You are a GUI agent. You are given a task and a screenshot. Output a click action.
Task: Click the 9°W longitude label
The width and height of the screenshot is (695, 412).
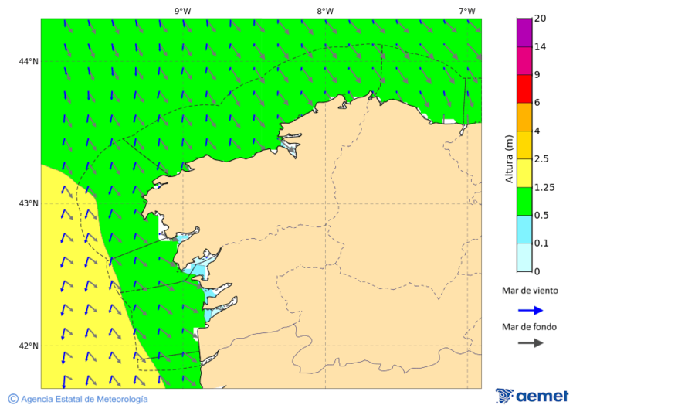coord(182,11)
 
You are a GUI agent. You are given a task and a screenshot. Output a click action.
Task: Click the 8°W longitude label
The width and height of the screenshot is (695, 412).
coord(324,11)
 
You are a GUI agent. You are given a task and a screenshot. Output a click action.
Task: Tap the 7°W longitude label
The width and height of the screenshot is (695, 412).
coord(466,11)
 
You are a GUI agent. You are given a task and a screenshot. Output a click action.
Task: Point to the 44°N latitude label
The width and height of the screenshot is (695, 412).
coord(29,61)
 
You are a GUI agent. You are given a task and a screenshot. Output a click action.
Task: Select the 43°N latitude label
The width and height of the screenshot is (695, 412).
coord(29,203)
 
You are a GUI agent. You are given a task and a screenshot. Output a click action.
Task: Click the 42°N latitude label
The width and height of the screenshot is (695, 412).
coord(29,346)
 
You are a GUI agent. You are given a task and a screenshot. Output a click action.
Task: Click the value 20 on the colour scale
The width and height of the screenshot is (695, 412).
coord(541,19)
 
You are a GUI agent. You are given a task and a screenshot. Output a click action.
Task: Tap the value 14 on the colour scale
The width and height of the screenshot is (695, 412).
coord(541,47)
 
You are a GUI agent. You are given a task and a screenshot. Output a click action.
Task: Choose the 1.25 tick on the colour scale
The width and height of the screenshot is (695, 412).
coord(545,187)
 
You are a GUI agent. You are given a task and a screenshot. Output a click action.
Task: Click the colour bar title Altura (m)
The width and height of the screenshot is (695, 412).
coord(509,158)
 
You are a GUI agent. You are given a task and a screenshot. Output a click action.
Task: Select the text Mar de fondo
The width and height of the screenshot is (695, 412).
coord(529,327)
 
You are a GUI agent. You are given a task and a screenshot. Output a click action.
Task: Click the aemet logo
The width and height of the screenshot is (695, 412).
coord(532,396)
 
